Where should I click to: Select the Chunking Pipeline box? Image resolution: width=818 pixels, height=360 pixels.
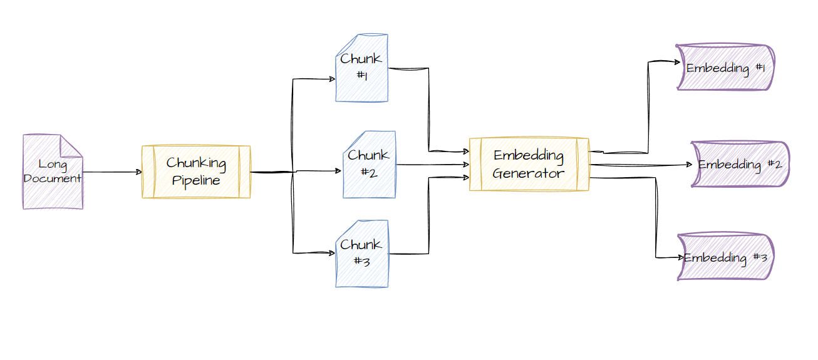click(196, 172)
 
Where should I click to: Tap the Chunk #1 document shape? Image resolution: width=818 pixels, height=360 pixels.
click(361, 68)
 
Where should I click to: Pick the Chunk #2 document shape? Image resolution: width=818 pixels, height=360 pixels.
click(370, 165)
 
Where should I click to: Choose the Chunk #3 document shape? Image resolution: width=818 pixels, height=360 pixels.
click(361, 254)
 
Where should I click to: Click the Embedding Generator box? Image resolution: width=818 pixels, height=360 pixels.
click(529, 165)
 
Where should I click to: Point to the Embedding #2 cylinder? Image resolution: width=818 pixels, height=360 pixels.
click(740, 165)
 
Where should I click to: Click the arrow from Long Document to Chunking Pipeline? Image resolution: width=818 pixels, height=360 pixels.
click(113, 172)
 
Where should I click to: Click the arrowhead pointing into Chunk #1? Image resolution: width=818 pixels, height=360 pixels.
click(332, 79)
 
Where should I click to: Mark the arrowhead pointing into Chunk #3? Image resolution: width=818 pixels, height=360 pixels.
click(332, 253)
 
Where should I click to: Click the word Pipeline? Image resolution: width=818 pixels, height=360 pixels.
click(196, 181)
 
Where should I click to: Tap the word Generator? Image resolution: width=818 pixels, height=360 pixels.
click(529, 173)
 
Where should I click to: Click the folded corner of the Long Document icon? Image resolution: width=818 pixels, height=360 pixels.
click(71, 145)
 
